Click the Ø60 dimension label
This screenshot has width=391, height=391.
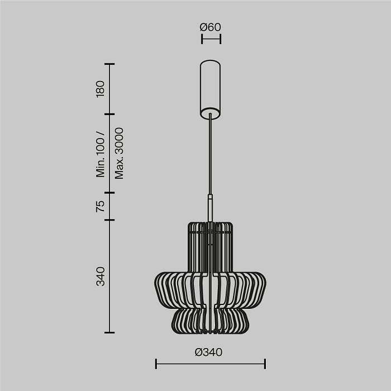click(x=210, y=27)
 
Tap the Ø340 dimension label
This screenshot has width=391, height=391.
click(x=209, y=352)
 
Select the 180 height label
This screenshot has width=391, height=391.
click(x=100, y=88)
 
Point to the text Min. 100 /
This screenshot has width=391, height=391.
click(x=101, y=154)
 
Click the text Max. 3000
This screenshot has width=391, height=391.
click(x=118, y=153)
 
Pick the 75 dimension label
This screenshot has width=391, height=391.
click(x=100, y=206)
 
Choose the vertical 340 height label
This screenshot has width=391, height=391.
click(x=100, y=276)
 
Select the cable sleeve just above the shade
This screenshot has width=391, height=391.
click(x=210, y=208)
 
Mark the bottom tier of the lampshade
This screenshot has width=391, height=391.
click(x=210, y=321)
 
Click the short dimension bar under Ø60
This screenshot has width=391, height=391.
click(x=211, y=39)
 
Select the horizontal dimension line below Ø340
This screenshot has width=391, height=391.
click(x=210, y=364)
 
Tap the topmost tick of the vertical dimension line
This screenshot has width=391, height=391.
click(x=109, y=64)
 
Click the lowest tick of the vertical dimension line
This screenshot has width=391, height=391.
click(x=109, y=332)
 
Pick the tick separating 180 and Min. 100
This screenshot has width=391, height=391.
click(x=109, y=113)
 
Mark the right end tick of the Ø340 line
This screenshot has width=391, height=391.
click(x=265, y=364)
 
